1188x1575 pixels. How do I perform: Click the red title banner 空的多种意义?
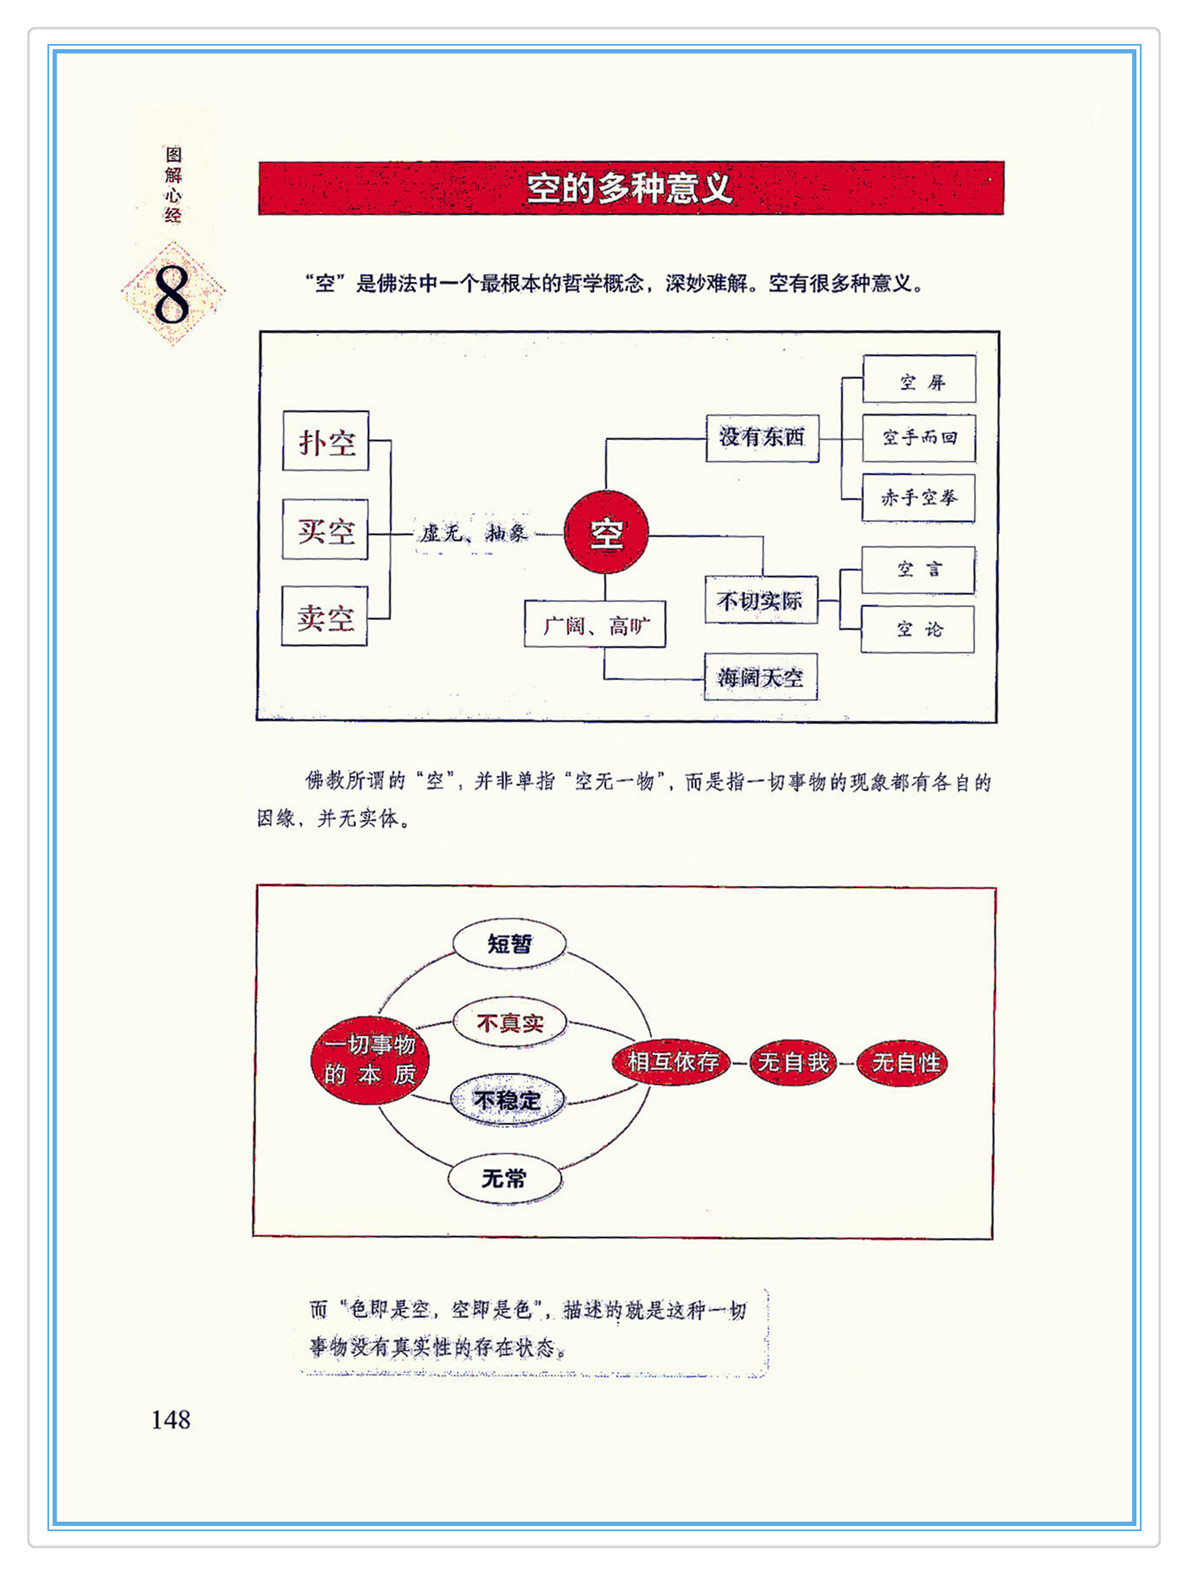coord(630,188)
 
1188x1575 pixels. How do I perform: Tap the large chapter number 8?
coord(172,294)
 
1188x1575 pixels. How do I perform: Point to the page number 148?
coord(170,1419)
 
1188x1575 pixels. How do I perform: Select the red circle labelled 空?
coord(606,533)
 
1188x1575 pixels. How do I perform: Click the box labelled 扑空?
coord(326,441)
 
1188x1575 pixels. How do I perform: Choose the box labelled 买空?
coord(326,529)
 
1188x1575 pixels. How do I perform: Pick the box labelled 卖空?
coord(325,616)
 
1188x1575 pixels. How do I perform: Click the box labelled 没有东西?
coord(762,437)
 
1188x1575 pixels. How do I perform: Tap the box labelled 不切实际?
coord(760,600)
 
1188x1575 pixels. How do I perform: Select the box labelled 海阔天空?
coord(760,677)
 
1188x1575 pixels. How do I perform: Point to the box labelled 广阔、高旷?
coord(595,625)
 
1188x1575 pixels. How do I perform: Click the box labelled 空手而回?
coord(919,438)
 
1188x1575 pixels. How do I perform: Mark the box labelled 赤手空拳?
coord(918,497)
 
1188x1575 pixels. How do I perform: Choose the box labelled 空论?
coord(918,629)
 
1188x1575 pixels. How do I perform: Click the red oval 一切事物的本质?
coord(369,1060)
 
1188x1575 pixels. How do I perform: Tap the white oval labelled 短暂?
coord(510,943)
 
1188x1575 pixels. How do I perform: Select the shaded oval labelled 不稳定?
coord(507,1100)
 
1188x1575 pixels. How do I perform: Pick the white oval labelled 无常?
coord(504,1179)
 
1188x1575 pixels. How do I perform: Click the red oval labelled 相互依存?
coord(672,1061)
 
